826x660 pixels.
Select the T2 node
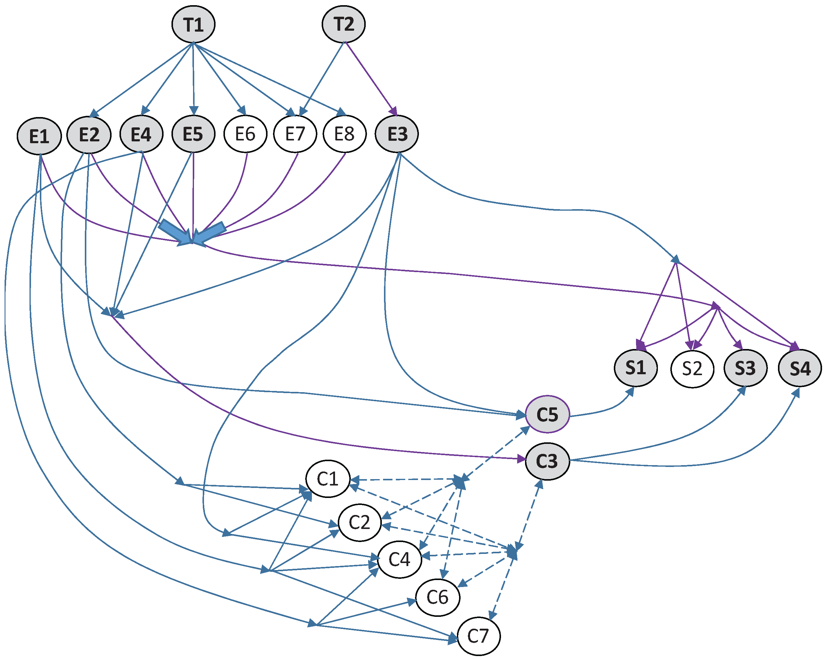click(344, 24)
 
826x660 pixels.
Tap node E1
click(39, 136)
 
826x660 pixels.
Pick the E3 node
click(397, 134)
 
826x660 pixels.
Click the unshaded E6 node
click(245, 134)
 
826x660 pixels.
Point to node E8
click(344, 134)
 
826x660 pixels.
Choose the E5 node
click(193, 134)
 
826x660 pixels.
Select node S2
click(692, 368)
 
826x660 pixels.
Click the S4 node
click(800, 368)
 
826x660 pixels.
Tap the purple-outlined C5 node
click(548, 414)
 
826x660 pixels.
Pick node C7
click(479, 636)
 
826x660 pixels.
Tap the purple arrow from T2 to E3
click(370, 77)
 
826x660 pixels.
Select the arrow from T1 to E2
click(142, 78)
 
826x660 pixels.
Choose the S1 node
click(636, 368)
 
